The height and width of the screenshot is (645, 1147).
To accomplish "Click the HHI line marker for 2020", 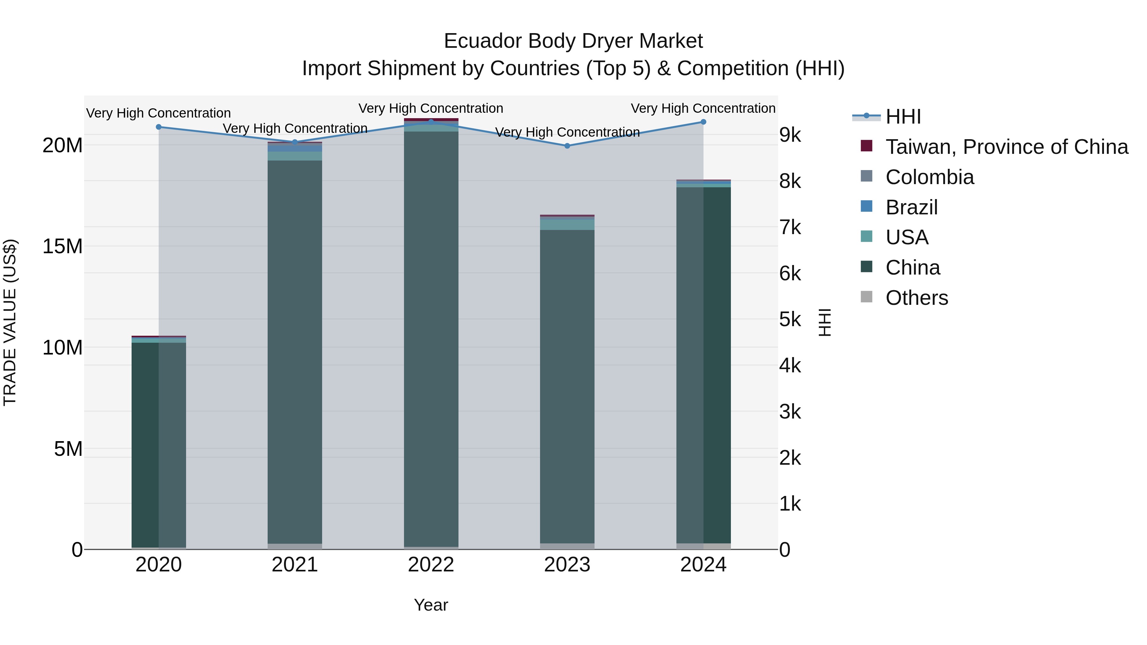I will click(159, 127).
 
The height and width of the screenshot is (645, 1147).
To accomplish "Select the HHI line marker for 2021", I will click(295, 142).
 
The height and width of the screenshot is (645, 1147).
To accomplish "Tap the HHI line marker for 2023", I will click(567, 146).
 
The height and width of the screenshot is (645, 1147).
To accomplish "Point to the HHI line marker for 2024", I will click(703, 122).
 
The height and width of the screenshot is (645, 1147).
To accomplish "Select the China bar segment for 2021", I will click(295, 352).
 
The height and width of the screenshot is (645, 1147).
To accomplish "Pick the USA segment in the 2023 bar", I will click(567, 225).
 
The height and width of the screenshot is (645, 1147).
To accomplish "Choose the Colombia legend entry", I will click(929, 177).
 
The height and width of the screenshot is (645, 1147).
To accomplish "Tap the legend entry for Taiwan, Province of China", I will click(1006, 147).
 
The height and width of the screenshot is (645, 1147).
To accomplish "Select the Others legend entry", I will click(916, 298).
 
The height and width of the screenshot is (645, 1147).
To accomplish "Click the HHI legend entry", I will click(903, 117).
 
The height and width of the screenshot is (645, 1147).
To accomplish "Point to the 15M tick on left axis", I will click(62, 246).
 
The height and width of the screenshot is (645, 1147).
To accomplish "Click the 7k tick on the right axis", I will click(790, 227).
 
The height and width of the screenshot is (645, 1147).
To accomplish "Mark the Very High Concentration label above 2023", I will click(567, 132).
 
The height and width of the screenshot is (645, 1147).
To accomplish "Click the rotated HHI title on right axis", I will click(825, 322).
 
